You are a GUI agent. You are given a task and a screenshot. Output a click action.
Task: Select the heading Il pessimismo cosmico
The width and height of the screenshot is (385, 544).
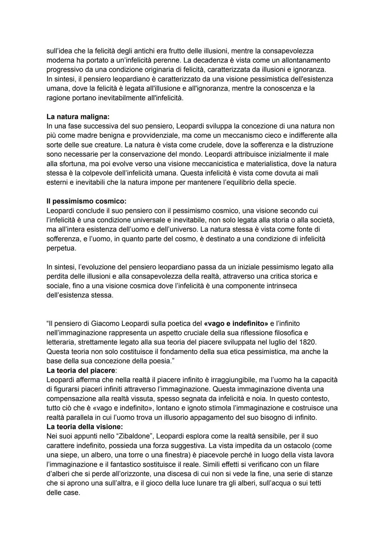pos(86,201)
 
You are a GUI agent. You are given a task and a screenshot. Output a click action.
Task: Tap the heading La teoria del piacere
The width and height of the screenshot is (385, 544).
pos(81,370)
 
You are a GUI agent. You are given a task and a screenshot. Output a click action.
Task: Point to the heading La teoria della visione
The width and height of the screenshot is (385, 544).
pos(84,427)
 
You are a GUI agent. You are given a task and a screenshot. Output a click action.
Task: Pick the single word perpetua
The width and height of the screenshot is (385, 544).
pos(61,248)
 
